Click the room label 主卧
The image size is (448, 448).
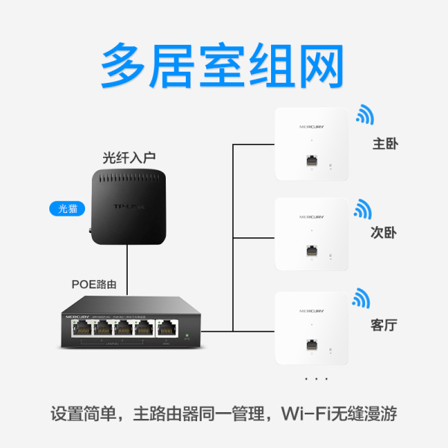pos(385,143)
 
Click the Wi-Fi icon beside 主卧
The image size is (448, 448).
pos(364,114)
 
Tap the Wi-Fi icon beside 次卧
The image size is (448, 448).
pos(363,208)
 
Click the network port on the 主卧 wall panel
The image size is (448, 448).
pos(311,160)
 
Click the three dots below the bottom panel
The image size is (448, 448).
pos(316,380)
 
